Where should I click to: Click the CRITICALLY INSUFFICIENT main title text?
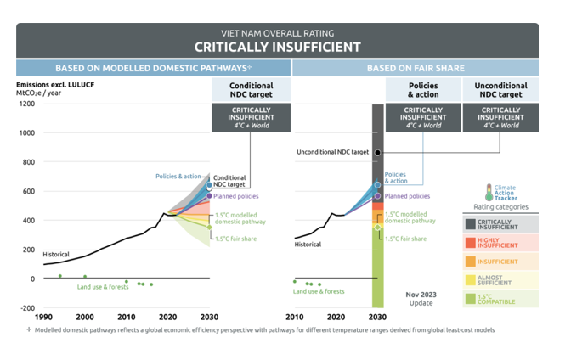(x=277, y=46)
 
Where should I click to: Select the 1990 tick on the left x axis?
(x=44, y=317)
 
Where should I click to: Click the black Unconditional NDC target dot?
(x=377, y=153)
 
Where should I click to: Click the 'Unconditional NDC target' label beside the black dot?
(x=332, y=153)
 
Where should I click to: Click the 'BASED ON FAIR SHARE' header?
(x=415, y=68)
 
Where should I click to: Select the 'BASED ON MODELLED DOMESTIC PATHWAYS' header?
(x=153, y=68)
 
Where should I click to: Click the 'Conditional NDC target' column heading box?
(x=252, y=90)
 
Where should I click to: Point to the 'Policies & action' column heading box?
(x=424, y=90)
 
